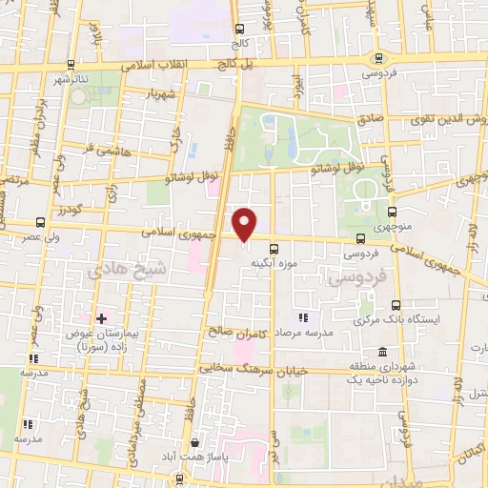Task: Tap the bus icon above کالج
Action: pyautogui.click(x=237, y=29)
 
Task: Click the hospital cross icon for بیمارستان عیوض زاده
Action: pyautogui.click(x=101, y=316)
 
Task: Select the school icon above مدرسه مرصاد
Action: pyautogui.click(x=303, y=316)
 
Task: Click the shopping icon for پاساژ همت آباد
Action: pyautogui.click(x=195, y=442)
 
